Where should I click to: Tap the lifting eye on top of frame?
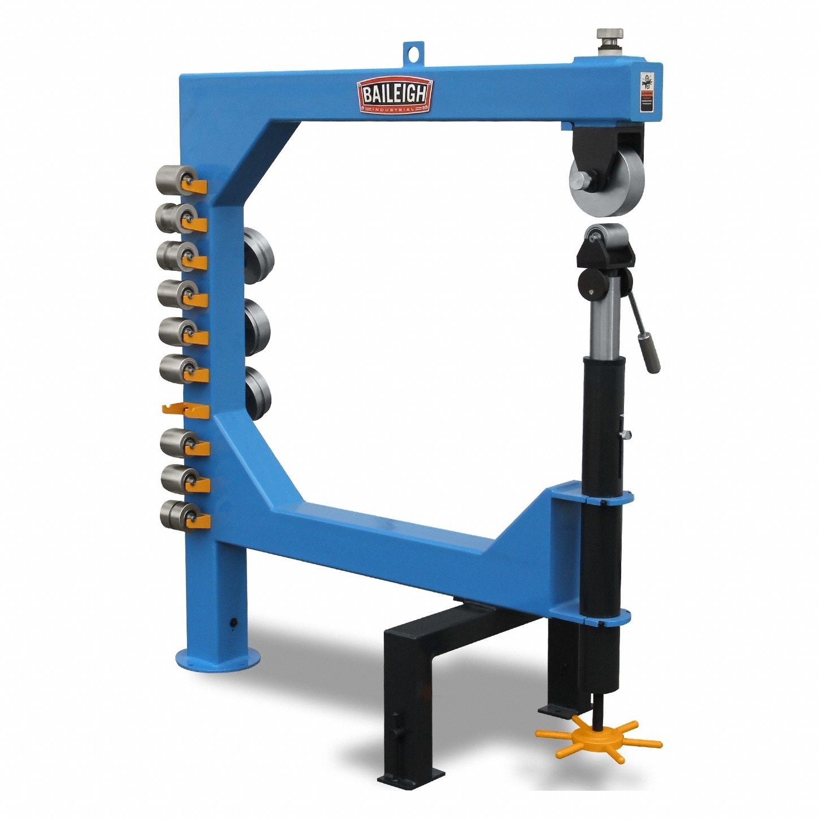click(x=415, y=53)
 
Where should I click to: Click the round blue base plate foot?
click(x=218, y=660)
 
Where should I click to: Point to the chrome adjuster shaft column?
click(x=603, y=327)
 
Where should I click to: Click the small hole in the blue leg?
click(x=232, y=622)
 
